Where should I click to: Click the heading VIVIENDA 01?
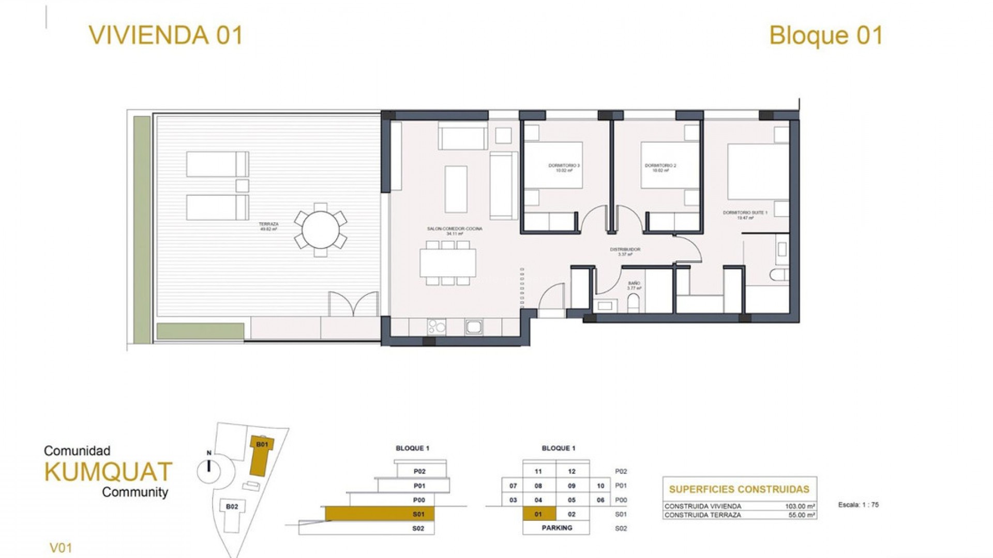165,36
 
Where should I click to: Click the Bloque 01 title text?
826,36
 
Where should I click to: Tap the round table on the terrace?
321,230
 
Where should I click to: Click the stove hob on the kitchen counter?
437,327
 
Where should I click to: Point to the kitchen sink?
474,327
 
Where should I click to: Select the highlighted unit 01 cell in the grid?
538,514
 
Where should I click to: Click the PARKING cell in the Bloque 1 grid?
556,528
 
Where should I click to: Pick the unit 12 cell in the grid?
571,471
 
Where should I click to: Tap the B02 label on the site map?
232,506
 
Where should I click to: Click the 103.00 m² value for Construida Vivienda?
800,506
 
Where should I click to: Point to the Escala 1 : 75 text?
858,505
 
